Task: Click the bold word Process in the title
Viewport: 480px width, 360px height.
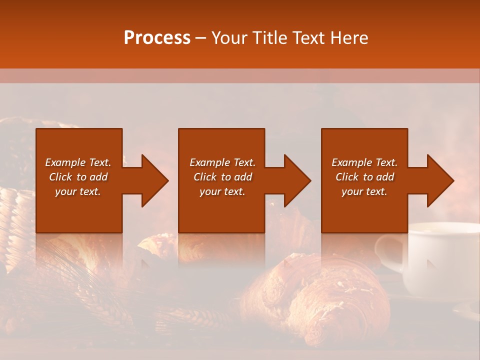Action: (157, 38)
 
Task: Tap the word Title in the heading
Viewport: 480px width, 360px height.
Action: (271, 38)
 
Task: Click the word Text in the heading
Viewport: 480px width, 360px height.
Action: (309, 38)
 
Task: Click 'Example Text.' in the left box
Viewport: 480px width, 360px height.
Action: (78, 162)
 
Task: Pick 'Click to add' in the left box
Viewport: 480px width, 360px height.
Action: (78, 177)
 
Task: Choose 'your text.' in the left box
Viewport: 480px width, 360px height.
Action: (78, 191)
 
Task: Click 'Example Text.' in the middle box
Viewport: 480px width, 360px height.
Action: (222, 162)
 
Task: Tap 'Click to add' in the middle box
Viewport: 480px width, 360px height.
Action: (222, 177)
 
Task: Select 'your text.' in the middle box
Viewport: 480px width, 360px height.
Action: (222, 191)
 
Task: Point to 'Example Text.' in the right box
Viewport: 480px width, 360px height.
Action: (364, 162)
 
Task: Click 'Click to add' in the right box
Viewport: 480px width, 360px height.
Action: (364, 177)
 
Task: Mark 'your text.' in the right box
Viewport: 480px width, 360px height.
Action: (364, 191)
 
